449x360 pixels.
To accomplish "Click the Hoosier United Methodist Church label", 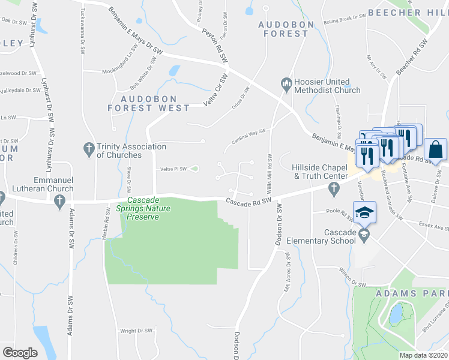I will [327, 86].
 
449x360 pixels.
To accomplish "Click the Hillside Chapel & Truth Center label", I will [320, 172].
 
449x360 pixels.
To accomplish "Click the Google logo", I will [20, 353].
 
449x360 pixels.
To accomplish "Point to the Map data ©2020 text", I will [423, 355].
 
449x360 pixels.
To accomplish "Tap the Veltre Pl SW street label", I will [173, 169].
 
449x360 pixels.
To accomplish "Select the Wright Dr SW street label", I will [136, 331].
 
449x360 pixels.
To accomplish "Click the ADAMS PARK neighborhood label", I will [411, 293].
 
